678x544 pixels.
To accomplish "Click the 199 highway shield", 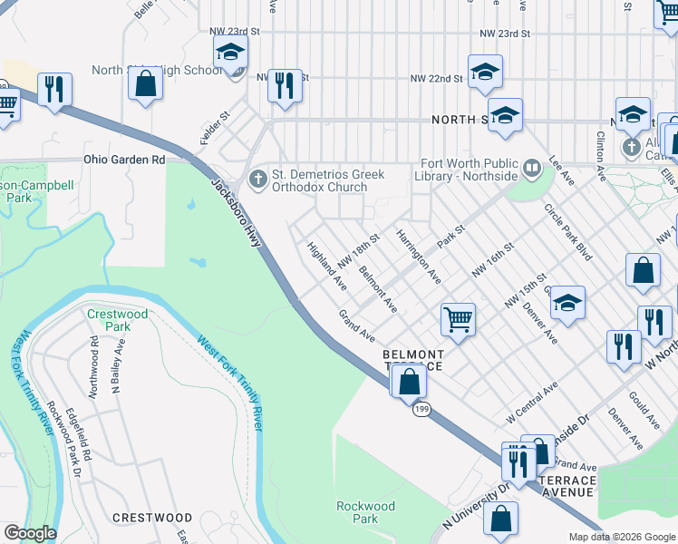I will (x=421, y=410).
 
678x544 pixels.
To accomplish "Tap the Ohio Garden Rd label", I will (x=124, y=160).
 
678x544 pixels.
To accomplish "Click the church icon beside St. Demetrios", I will (x=258, y=177).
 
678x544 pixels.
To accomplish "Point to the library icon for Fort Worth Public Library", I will (x=532, y=167).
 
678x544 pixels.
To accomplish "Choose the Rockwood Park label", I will (x=364, y=512).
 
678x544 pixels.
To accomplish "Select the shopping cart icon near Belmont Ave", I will (x=458, y=318).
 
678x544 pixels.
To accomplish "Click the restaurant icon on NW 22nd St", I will (x=285, y=85).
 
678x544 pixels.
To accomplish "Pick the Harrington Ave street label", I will (x=418, y=255).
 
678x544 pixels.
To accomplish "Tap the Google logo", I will (x=29, y=533).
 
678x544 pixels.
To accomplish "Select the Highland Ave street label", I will (x=326, y=266).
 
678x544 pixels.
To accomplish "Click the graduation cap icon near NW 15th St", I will (x=567, y=303).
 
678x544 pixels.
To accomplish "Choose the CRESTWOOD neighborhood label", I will (x=151, y=518).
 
